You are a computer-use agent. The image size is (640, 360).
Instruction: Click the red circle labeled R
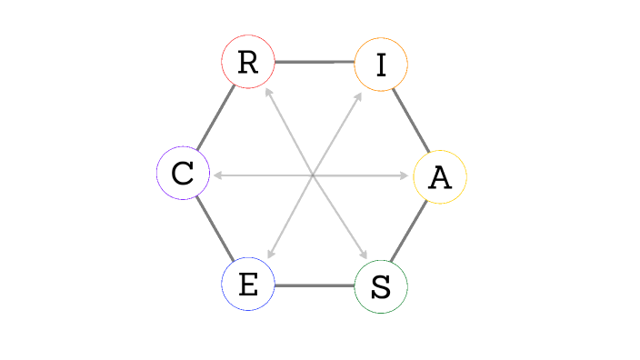tap(248, 62)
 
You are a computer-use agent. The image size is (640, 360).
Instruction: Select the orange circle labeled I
tap(381, 64)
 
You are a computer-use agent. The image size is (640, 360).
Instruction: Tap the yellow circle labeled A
tap(440, 176)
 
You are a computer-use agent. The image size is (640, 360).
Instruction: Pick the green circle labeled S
tap(381, 286)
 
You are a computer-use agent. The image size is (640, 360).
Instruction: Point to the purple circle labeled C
tap(184, 173)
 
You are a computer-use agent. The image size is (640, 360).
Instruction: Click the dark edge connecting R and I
tap(315, 62)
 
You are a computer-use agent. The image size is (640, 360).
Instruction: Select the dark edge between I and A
tap(411, 119)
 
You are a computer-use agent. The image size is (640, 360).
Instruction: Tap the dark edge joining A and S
tap(410, 232)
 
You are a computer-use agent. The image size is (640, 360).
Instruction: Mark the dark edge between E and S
tap(315, 285)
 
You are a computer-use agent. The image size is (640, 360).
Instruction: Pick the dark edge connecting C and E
tap(215, 229)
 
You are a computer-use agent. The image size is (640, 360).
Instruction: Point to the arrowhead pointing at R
tap(267, 91)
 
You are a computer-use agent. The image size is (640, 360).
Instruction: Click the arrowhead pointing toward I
tap(359, 94)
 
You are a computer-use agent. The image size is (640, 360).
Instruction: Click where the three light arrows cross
tap(313, 175)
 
